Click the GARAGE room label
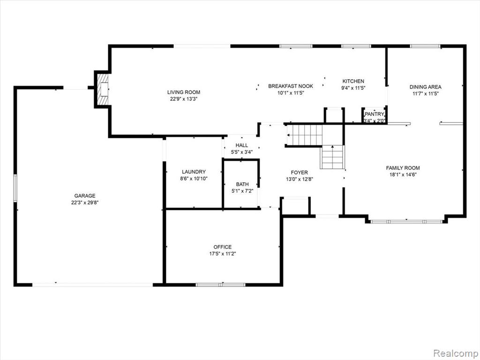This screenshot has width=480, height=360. pyautogui.click(x=85, y=196)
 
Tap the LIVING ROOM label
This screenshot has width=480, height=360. pyautogui.click(x=184, y=92)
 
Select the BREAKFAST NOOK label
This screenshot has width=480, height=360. pyautogui.click(x=291, y=86)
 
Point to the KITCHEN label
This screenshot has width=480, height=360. pyautogui.click(x=353, y=81)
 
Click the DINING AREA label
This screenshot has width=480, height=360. pyautogui.click(x=426, y=87)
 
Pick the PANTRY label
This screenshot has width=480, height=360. pyautogui.click(x=374, y=114)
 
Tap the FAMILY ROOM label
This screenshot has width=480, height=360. pyautogui.click(x=403, y=168)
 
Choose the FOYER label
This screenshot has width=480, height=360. pyautogui.click(x=300, y=172)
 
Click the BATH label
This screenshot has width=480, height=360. pyautogui.click(x=242, y=184)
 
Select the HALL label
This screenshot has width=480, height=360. pyautogui.click(x=242, y=145)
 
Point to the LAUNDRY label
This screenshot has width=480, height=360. pyautogui.click(x=194, y=172)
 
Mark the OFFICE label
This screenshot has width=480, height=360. pyautogui.click(x=223, y=247)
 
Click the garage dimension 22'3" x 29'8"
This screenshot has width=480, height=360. pyautogui.click(x=85, y=202)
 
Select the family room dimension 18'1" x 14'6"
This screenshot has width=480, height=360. pyautogui.click(x=403, y=174)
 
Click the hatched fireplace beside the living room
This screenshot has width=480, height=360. pyautogui.click(x=103, y=89)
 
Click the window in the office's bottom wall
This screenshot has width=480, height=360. pyautogui.click(x=220, y=285)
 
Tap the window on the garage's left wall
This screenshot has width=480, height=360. pyautogui.click(x=15, y=188)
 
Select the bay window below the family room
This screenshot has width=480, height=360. pyautogui.click(x=406, y=221)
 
